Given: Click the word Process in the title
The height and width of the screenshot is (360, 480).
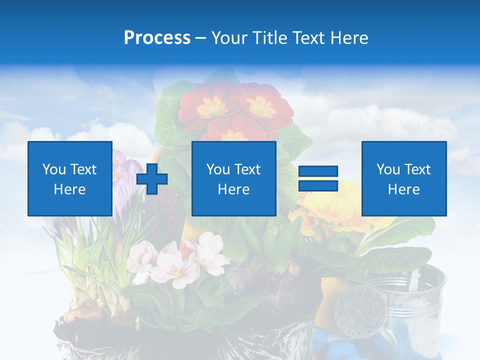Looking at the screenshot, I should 157,38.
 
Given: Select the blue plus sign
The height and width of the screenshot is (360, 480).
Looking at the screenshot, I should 152,179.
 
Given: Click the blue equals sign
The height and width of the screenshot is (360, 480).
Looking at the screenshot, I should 318,179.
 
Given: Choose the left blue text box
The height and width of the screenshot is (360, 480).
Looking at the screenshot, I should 69,179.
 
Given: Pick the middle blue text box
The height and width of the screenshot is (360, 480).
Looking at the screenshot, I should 233,179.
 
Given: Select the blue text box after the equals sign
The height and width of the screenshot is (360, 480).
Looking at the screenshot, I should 403,179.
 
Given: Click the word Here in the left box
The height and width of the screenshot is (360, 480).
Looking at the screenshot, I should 69,189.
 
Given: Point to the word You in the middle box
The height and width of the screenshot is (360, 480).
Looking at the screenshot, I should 218,169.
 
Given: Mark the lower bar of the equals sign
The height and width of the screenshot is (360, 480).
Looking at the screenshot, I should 318,186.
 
